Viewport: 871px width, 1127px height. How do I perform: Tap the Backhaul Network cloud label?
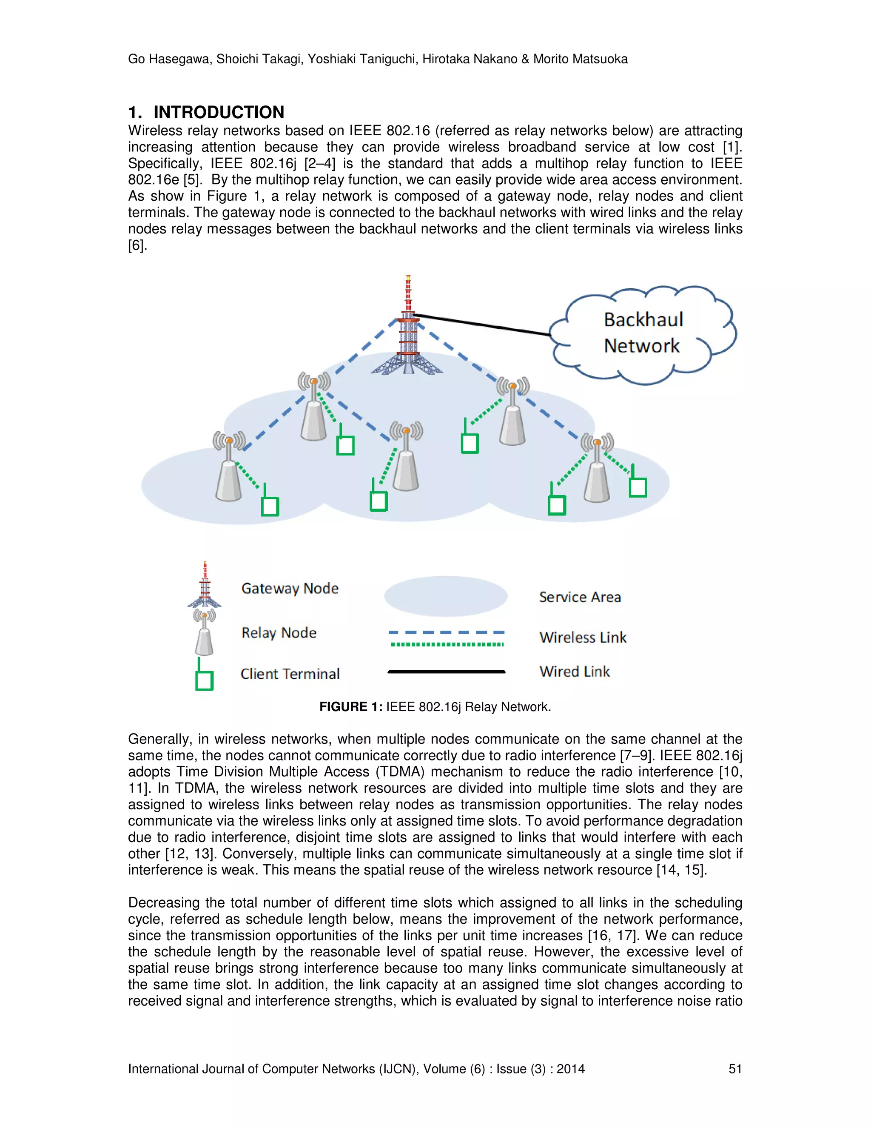click(643, 333)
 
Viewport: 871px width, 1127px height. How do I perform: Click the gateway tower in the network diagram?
click(407, 330)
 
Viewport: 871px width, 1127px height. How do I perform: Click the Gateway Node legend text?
click(290, 588)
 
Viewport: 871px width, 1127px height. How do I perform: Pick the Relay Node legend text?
click(279, 633)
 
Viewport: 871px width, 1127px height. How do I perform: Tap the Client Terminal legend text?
click(290, 673)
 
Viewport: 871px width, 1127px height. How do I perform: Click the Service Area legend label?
click(580, 597)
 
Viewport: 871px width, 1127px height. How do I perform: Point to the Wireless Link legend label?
click(583, 637)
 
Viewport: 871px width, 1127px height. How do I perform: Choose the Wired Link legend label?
click(574, 672)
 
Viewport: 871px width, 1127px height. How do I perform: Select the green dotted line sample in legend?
click(447, 644)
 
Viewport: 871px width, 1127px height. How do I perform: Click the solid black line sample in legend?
click(446, 672)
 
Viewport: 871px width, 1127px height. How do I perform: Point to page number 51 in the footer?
click(735, 1069)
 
